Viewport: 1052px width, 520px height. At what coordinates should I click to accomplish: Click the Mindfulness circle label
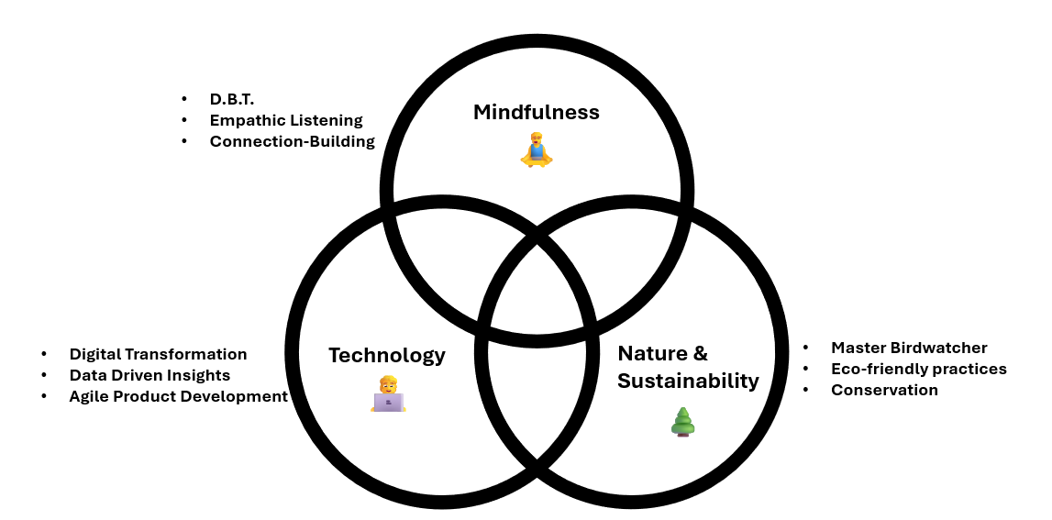coord(536,113)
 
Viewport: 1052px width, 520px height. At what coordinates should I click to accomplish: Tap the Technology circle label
coord(386,355)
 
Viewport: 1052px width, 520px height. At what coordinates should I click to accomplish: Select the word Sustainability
coord(688,381)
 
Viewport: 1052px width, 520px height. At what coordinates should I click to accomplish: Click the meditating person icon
coord(537,149)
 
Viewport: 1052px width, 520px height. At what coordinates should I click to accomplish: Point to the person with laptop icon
coord(388,394)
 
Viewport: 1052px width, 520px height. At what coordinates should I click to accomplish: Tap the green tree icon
coord(682,421)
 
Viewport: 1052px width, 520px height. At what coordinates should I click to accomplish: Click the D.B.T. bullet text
coord(231,99)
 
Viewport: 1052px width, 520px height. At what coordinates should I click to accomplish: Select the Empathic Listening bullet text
coord(286,120)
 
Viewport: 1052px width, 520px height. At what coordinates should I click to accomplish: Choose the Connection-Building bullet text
coord(292,141)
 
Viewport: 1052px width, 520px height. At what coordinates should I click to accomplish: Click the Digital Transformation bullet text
coord(158,354)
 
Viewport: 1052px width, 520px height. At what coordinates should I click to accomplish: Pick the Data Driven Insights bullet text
coord(149,375)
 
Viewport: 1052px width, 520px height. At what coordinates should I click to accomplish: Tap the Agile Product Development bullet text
coord(178,396)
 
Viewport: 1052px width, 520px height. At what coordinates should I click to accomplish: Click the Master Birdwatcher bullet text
coord(908,348)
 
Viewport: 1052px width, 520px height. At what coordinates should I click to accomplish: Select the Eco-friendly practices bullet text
coord(918,369)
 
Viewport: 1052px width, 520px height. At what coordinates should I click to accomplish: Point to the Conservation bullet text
coord(884,390)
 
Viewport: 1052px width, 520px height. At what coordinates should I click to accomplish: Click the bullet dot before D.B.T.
coord(184,99)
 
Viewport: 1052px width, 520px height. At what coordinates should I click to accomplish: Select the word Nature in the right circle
coord(654,354)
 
